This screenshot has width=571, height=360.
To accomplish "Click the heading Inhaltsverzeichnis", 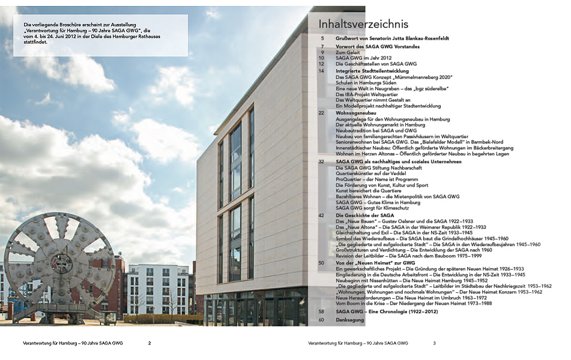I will click(364, 24).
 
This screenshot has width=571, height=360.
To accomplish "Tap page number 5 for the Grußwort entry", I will click(322, 38).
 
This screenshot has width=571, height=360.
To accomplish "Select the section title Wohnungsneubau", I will click(355, 113).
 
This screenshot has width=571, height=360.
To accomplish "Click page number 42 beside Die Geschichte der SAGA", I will click(321, 215).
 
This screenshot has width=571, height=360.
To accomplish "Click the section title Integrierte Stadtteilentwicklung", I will click(372, 71).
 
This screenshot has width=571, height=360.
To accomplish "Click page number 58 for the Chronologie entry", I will click(321, 312).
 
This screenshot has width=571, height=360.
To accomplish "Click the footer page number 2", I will click(150, 343).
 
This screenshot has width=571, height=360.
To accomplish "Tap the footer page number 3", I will click(434, 343).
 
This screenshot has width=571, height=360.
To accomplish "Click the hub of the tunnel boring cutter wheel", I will click(61, 263).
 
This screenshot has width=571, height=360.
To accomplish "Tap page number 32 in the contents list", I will click(321, 161).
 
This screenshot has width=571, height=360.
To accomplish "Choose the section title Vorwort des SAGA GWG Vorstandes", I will click(378, 46).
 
